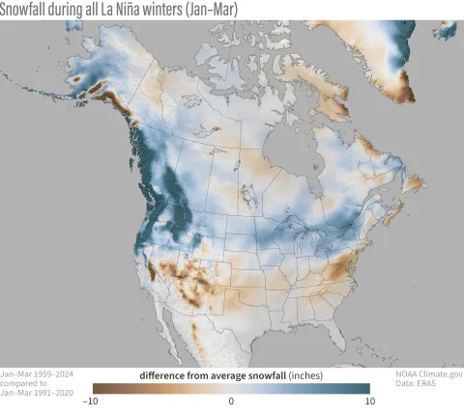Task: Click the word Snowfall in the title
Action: [25, 9]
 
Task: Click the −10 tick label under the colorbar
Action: [91, 401]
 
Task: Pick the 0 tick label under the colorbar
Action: [231, 401]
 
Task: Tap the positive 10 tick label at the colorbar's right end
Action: [368, 401]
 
